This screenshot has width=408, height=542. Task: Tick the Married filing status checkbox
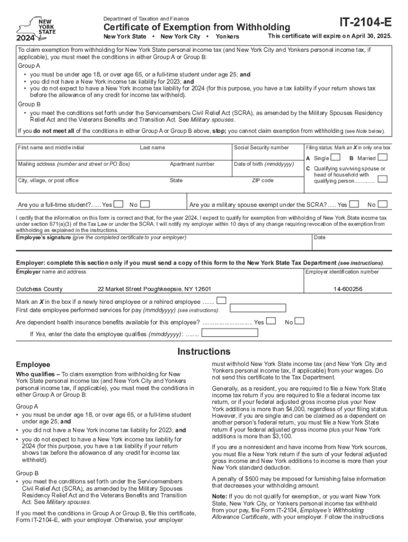[383, 158]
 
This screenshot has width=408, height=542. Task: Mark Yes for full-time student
[119, 204]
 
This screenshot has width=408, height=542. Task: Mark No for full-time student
[145, 204]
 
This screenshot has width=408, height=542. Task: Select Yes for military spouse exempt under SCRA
[354, 204]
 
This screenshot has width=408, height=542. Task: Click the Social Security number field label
[261, 148]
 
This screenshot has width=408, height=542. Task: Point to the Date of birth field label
[263, 164]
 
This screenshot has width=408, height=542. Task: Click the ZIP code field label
[262, 180]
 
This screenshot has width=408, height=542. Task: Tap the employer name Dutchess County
[39, 289]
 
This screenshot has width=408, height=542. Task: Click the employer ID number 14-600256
[348, 289]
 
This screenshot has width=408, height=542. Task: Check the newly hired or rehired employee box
[221, 301]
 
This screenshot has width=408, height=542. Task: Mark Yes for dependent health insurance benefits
[271, 321]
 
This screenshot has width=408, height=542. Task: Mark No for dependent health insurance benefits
[299, 321]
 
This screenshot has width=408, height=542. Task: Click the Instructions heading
[204, 351]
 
